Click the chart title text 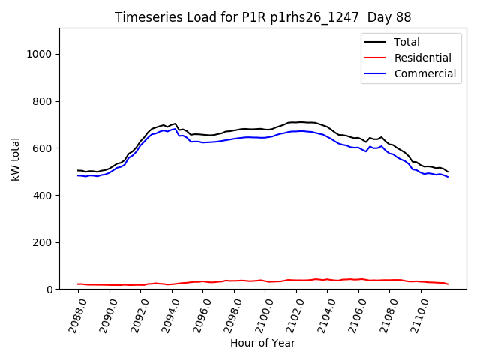point(262,17)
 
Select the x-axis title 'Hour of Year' point(262,343)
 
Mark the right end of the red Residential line point(448,284)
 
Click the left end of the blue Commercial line point(77,175)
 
